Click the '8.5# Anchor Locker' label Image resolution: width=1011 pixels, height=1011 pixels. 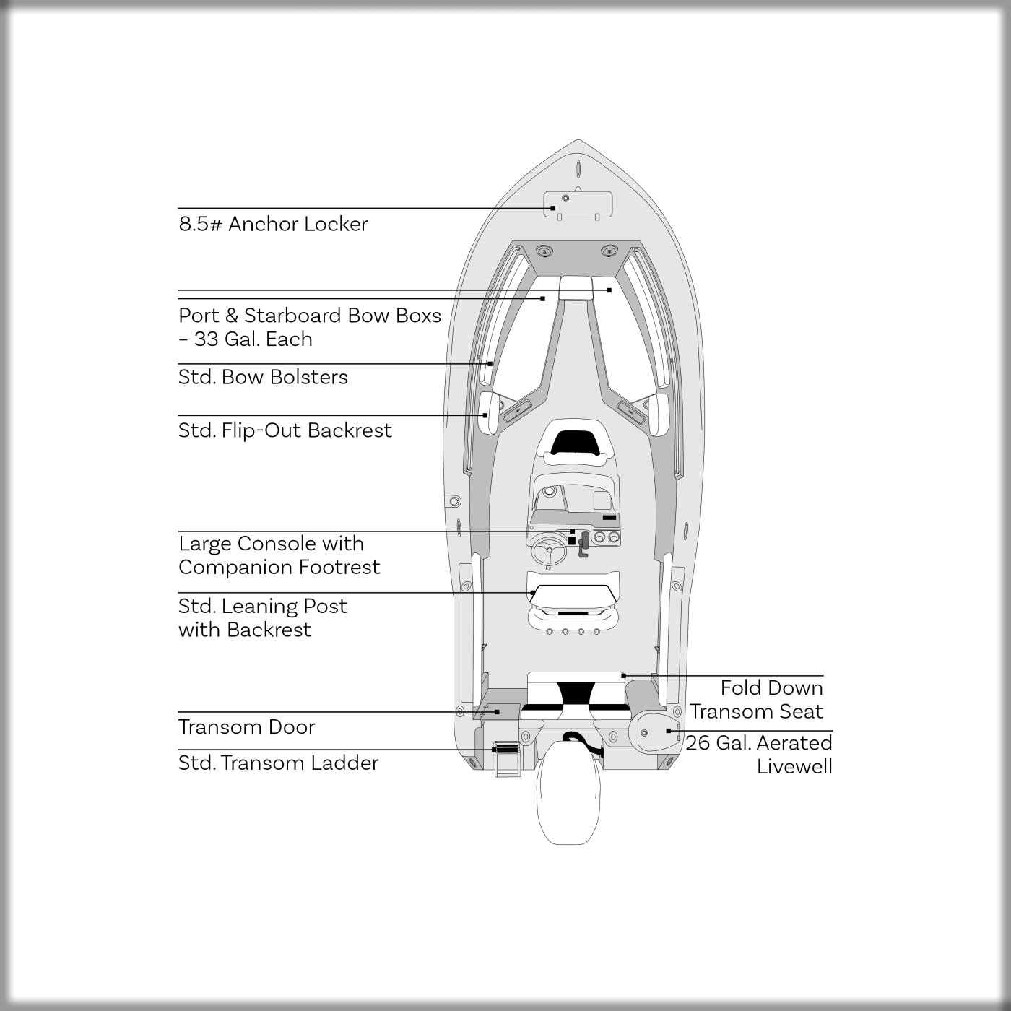tap(273, 224)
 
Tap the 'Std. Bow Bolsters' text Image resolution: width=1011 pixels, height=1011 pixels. tap(263, 377)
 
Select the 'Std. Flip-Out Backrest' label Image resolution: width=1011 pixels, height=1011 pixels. tap(285, 430)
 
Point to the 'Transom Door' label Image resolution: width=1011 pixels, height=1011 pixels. tap(246, 726)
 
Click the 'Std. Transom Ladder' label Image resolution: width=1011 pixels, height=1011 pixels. tap(278, 763)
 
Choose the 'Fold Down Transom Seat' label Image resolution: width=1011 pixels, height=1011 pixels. tap(757, 699)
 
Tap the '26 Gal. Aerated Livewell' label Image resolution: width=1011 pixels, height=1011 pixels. tap(759, 754)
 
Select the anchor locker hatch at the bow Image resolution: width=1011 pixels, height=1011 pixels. tap(578, 203)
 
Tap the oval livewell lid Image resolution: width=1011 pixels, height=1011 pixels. tap(654, 732)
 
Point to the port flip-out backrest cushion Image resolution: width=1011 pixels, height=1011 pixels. tap(490, 414)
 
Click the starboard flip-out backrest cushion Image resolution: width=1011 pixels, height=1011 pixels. tap(659, 414)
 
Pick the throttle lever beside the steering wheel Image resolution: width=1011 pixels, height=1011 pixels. tap(583, 544)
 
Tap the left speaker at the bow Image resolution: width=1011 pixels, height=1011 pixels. tap(543, 251)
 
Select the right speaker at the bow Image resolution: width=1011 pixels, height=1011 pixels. tap(609, 251)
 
